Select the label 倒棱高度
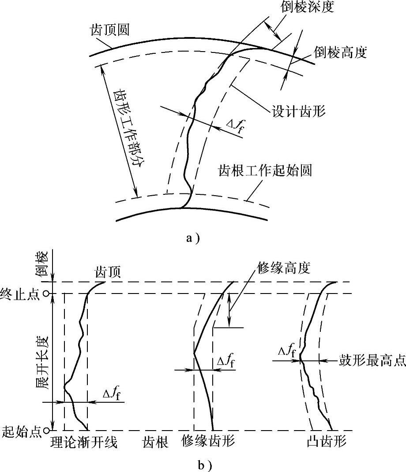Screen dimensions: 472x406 [340, 53]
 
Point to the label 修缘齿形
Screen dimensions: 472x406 [208, 442]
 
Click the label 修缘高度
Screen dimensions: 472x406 [283, 267]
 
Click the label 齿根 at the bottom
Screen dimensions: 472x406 [155, 442]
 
